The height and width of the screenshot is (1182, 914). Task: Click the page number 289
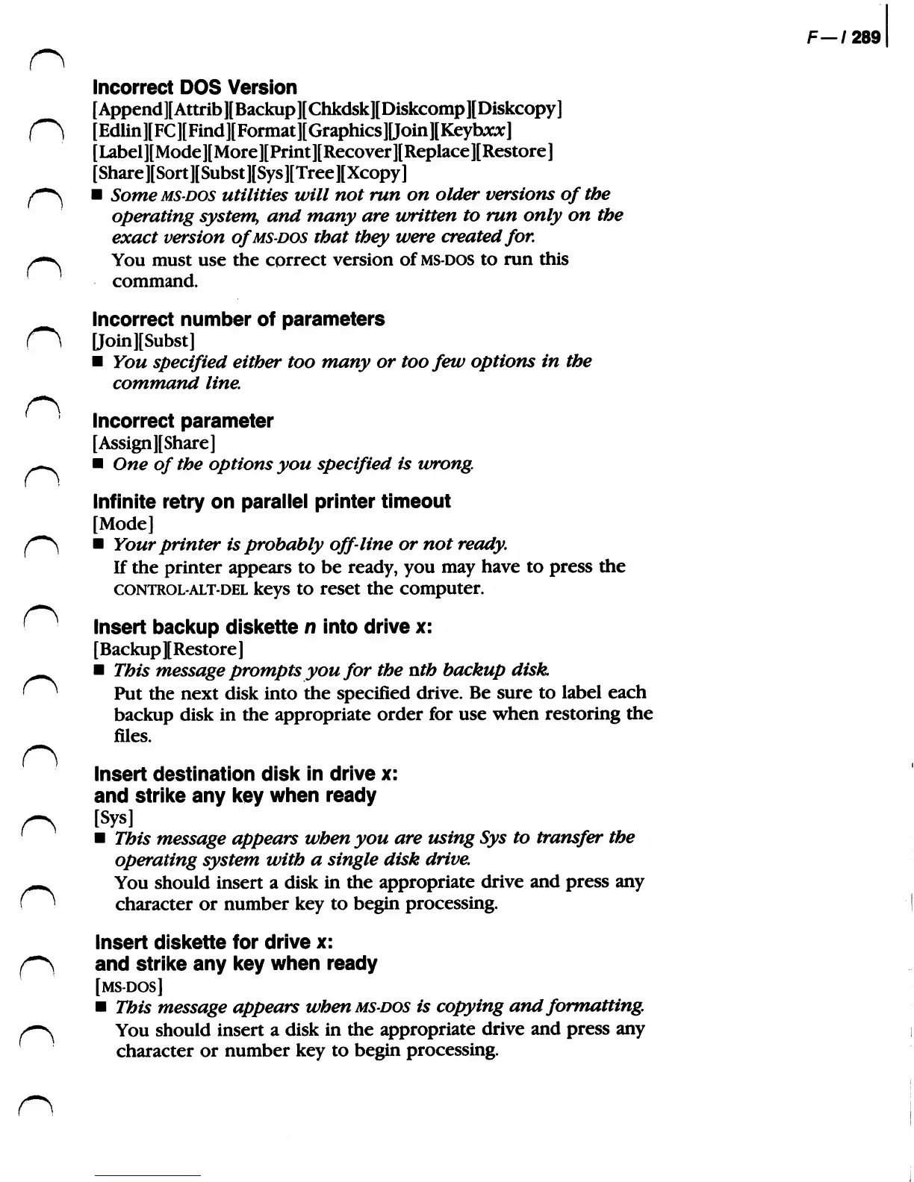(x=866, y=37)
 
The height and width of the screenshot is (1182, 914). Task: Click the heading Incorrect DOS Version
(x=194, y=87)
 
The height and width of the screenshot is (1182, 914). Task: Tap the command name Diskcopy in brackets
(x=519, y=109)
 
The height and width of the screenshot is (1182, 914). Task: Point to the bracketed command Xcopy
(x=376, y=173)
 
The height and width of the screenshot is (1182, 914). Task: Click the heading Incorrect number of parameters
(x=238, y=319)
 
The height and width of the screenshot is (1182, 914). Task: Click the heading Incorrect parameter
(x=183, y=421)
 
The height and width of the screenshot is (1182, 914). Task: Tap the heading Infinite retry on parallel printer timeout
(x=272, y=501)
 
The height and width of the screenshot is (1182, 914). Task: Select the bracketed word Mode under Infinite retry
(x=123, y=523)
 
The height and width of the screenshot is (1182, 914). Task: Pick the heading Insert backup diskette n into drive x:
(x=263, y=627)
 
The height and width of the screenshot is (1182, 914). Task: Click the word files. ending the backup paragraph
(x=132, y=737)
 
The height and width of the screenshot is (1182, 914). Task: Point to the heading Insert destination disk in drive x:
(x=246, y=774)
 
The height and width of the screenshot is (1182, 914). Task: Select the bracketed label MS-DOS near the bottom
(x=130, y=986)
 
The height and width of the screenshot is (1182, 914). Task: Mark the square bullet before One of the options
(x=97, y=464)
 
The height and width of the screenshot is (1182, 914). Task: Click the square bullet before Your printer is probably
(x=98, y=545)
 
